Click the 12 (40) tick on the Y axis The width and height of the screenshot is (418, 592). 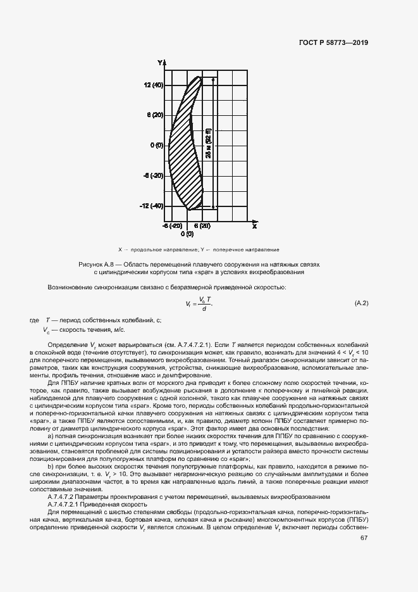153,84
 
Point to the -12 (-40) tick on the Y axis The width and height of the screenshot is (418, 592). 152,206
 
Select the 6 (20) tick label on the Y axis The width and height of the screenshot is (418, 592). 155,115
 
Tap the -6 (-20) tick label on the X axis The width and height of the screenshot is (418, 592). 173,225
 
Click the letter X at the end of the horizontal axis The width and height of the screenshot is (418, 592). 254,225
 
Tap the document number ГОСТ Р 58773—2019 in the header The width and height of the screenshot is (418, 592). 333,43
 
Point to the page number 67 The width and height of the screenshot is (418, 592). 364,538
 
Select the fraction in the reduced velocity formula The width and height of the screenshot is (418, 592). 203,304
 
